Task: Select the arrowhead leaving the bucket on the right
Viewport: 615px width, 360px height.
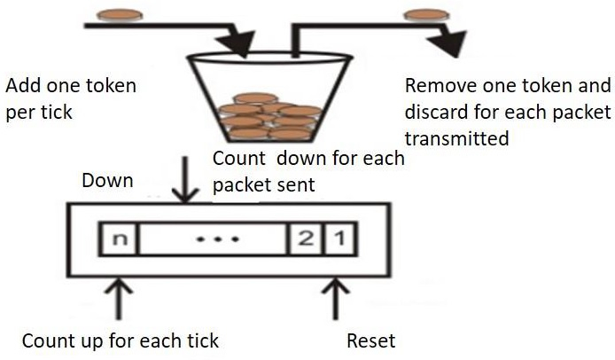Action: [x=453, y=41]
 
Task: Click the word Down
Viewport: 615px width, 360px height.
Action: [x=107, y=181]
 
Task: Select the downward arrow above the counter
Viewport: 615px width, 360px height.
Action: [x=184, y=181]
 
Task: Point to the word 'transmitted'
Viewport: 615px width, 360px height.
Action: [x=455, y=138]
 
